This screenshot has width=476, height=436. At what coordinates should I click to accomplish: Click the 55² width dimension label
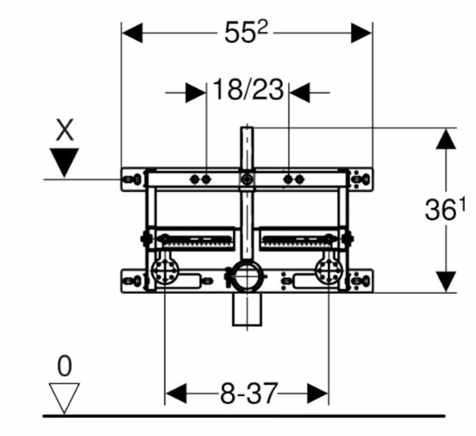coord(246,32)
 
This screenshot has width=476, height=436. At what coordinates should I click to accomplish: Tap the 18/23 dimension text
coord(248,89)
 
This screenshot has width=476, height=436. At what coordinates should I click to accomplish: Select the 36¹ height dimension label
coord(445,209)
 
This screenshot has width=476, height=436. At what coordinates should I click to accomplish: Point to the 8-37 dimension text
coord(249,393)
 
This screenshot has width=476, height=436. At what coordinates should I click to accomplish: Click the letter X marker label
coord(65,130)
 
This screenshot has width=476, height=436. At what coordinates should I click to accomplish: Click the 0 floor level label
coord(65,366)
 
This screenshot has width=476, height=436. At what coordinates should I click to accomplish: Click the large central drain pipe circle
coord(247,276)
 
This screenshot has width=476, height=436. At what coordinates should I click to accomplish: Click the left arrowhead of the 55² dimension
coord(132,33)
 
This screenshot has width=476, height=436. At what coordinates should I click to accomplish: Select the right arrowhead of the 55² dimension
coord(361,33)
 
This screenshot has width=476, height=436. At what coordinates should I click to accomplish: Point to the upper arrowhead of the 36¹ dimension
coord(445,138)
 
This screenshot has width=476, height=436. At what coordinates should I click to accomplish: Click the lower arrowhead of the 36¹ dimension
coord(445,282)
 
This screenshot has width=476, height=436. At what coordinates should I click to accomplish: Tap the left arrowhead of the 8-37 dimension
coord(176,393)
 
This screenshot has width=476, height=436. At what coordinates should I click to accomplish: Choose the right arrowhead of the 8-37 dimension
coord(318,393)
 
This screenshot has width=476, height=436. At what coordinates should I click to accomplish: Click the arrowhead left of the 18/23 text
coord(196,93)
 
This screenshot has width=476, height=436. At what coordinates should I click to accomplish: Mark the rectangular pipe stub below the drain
coord(247,310)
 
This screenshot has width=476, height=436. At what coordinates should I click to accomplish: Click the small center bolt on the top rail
coord(248,179)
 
